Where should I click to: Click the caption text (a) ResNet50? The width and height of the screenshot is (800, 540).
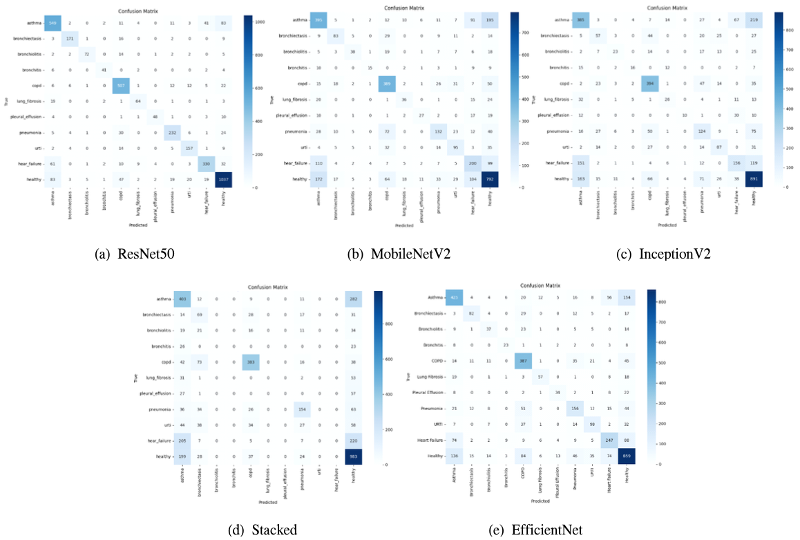134,254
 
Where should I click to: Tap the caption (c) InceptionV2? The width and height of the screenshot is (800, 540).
663,254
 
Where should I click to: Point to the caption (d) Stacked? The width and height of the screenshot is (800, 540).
263,530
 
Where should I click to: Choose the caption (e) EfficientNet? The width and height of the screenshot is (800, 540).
546,530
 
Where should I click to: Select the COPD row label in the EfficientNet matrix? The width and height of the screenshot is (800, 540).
430,359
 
